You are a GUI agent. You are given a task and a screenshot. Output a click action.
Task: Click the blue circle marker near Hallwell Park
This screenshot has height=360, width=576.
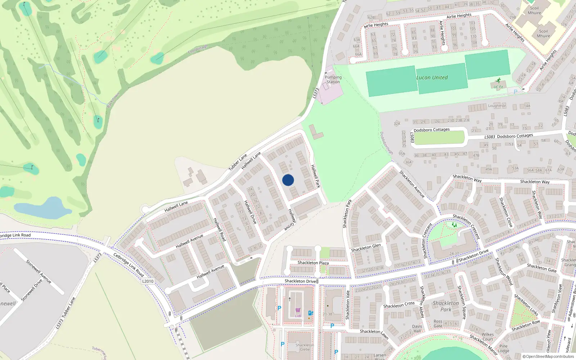pyautogui.click(x=288, y=180)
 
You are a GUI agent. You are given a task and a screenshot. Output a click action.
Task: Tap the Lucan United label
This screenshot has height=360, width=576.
pyautogui.click(x=432, y=77)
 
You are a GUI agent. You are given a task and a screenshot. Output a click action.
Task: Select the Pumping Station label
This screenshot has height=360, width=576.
pyautogui.click(x=333, y=80)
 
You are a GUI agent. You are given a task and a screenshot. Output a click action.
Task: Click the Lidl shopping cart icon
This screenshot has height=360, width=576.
pyautogui.click(x=298, y=310)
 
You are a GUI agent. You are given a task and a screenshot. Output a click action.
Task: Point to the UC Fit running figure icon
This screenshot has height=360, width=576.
pyautogui.click(x=498, y=81)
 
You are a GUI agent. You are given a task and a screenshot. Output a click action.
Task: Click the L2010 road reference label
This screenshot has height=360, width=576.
pyautogui.click(x=148, y=281)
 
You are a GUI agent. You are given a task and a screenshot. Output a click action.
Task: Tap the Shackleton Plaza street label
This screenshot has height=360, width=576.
pyautogui.click(x=313, y=263)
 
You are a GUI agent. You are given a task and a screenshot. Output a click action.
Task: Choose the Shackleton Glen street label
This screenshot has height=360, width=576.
pyautogui.click(x=366, y=248)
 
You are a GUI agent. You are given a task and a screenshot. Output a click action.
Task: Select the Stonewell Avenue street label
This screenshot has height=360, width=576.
pyautogui.click(x=39, y=271)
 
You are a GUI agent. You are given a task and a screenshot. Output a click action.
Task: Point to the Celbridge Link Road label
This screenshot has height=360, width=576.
pyautogui.click(x=129, y=265)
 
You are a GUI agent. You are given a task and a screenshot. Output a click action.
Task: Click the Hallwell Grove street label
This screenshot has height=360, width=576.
pyautogui.click(x=292, y=220)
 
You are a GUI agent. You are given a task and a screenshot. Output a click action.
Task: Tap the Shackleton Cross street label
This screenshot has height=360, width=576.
pyautogui.click(x=399, y=305)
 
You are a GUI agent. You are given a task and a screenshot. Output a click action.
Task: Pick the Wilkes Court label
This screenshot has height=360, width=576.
pyautogui.click(x=488, y=337)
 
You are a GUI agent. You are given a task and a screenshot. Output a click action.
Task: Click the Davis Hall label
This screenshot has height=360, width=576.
pyautogui.click(x=417, y=329)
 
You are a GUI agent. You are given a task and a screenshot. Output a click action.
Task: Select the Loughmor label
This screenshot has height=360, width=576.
pyautogui.click(x=497, y=105)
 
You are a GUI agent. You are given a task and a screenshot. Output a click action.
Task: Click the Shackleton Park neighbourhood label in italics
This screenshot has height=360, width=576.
pyautogui.click(x=446, y=306)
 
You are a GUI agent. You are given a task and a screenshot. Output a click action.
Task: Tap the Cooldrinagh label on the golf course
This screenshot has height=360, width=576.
pyautogui.click(x=198, y=49)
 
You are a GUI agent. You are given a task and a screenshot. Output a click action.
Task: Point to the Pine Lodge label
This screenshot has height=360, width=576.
pyautogui.click(x=503, y=348)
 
